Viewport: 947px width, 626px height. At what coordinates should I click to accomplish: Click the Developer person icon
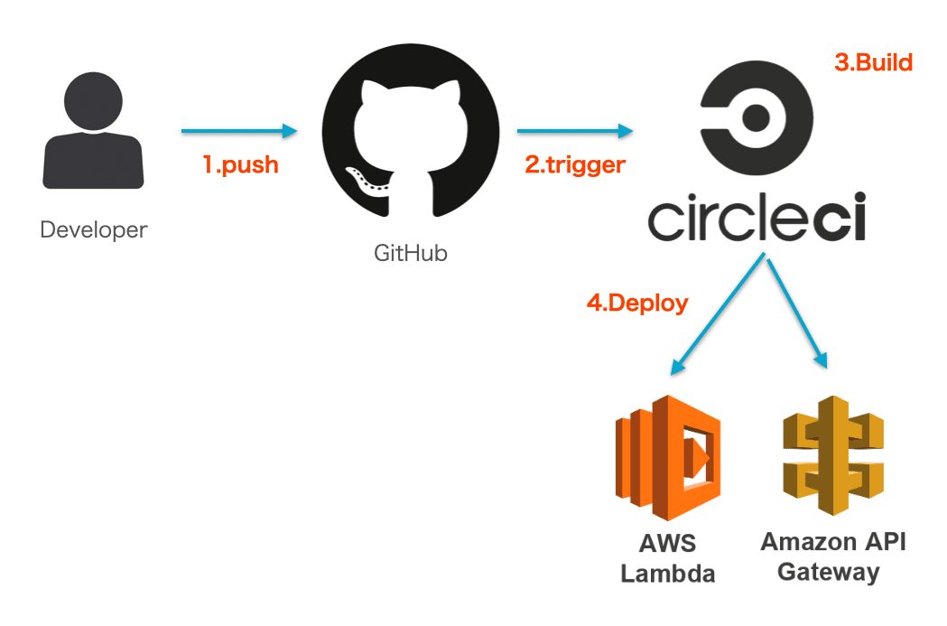(x=93, y=134)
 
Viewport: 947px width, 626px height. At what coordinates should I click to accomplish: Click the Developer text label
(x=93, y=230)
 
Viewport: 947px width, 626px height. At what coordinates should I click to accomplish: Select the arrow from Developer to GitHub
(x=239, y=132)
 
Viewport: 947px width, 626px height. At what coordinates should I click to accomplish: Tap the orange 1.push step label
(x=240, y=165)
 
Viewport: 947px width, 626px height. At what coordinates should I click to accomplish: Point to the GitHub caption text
(x=411, y=253)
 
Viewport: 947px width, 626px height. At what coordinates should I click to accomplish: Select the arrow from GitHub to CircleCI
(x=574, y=132)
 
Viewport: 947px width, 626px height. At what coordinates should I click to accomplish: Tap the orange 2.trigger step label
(x=575, y=165)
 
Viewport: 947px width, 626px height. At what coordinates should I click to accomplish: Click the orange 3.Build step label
(x=873, y=62)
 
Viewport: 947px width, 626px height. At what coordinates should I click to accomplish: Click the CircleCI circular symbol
(x=757, y=117)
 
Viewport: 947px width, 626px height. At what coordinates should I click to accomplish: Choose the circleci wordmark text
(x=757, y=218)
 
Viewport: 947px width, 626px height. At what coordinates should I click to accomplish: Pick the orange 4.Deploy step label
(x=637, y=303)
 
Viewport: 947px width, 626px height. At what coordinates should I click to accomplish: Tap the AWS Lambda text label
(x=667, y=558)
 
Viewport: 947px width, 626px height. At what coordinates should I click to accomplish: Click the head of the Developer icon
(x=93, y=98)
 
